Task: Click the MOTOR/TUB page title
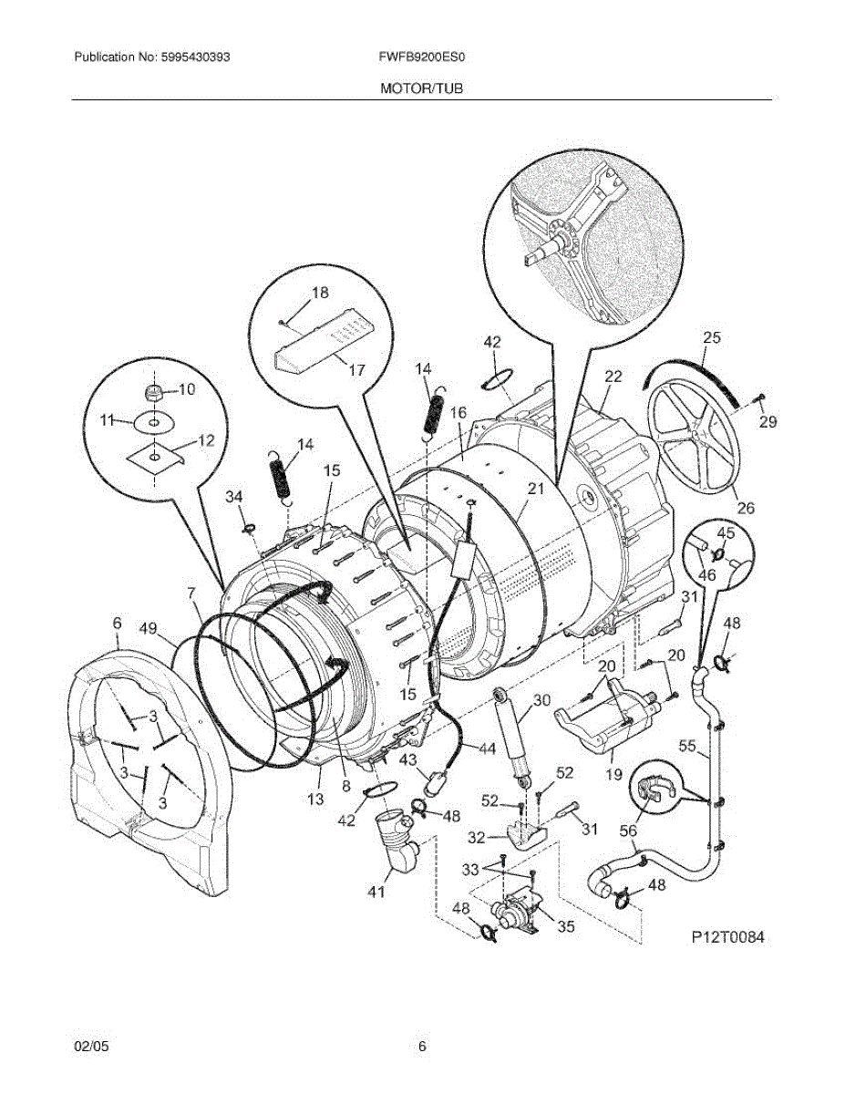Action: [x=422, y=88]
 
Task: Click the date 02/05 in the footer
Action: [x=89, y=1048]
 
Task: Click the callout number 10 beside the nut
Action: [x=186, y=389]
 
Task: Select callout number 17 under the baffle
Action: [x=356, y=370]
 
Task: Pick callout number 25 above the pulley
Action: [x=711, y=337]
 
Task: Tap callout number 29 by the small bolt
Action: [x=768, y=421]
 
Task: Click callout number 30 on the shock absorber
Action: [x=542, y=701]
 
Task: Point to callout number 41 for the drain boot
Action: [x=376, y=893]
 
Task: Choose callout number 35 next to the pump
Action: [x=566, y=927]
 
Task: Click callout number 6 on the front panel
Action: [x=117, y=623]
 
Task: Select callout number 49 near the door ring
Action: [x=149, y=628]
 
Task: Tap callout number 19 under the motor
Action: [x=613, y=775]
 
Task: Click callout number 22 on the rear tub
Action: [x=613, y=376]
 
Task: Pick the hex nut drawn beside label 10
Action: [x=155, y=393]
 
